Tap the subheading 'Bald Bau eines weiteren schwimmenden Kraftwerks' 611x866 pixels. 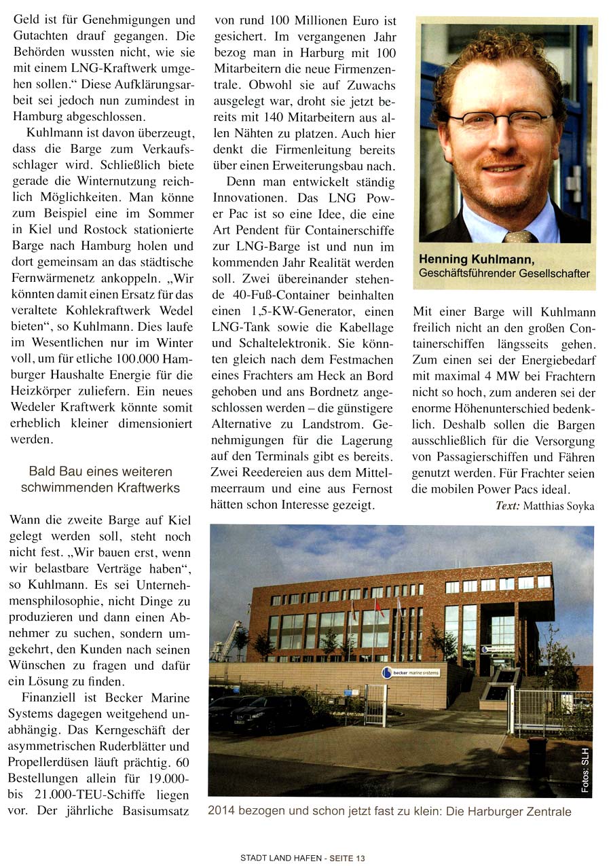point(100,480)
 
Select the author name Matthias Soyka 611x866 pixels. point(560,505)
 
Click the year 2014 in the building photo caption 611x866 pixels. point(221,811)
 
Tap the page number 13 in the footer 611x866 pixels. point(360,858)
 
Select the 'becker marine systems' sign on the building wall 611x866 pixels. point(411,672)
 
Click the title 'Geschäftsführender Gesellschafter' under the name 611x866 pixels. point(504,273)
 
